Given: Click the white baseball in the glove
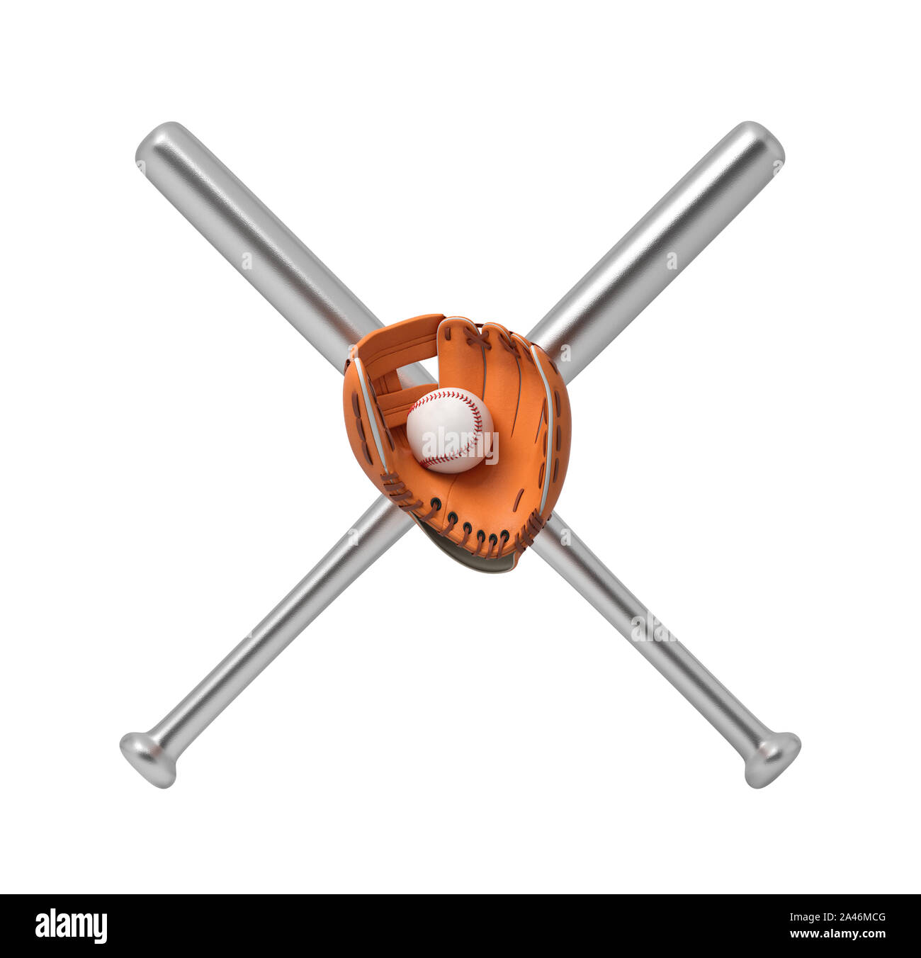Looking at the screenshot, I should click(449, 429).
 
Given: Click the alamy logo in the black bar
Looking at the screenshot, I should click(71, 926).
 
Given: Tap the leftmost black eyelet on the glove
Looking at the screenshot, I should click(434, 504).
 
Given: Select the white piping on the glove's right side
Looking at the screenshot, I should click(547, 425).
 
